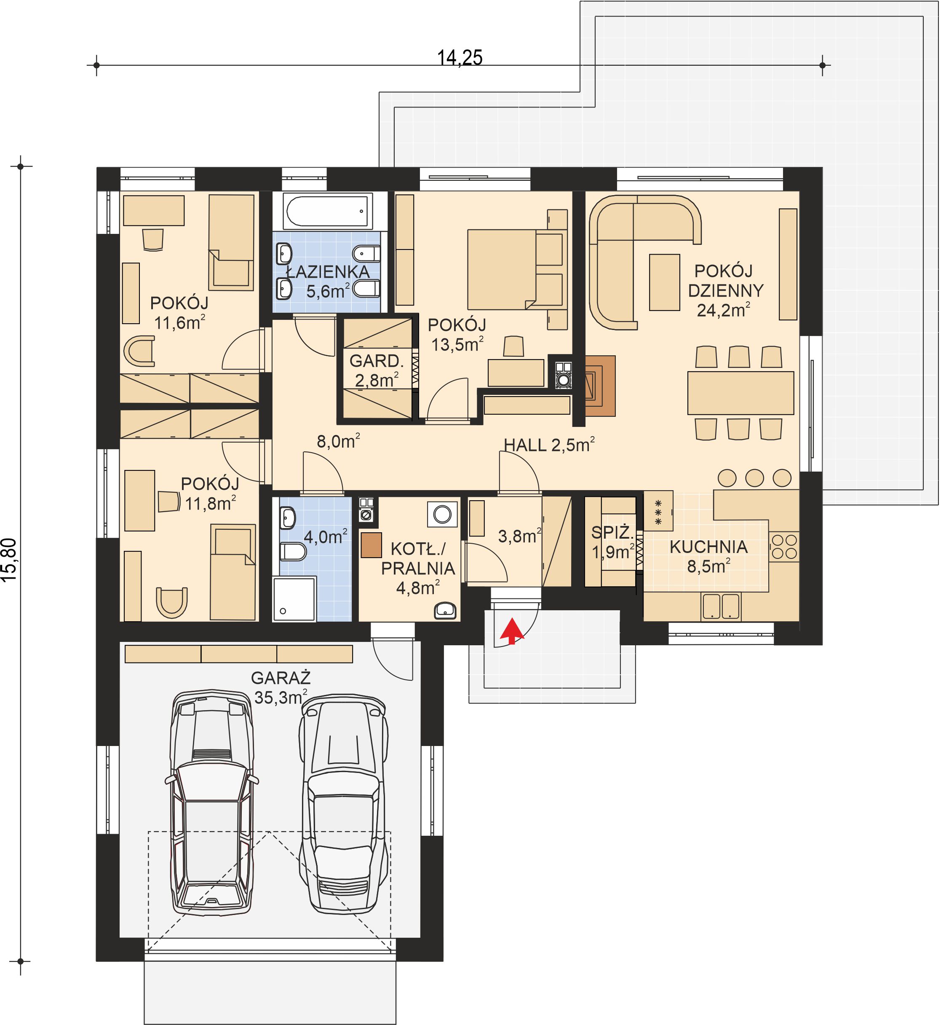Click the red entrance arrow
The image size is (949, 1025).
[x=511, y=631]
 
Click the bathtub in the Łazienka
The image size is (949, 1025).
[x=328, y=211]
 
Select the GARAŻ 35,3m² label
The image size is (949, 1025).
[x=281, y=688]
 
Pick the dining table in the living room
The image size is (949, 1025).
[x=740, y=393]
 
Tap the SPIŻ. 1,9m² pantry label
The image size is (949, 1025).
[x=611, y=542]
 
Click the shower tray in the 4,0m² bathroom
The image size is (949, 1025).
[x=294, y=598]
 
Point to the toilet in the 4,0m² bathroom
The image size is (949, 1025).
[x=292, y=552]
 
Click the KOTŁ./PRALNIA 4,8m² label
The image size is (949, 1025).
[x=417, y=568]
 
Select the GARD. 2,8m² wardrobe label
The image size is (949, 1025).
[x=377, y=370]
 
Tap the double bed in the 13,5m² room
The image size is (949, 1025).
[x=513, y=270]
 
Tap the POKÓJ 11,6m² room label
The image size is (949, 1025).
[x=179, y=313]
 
